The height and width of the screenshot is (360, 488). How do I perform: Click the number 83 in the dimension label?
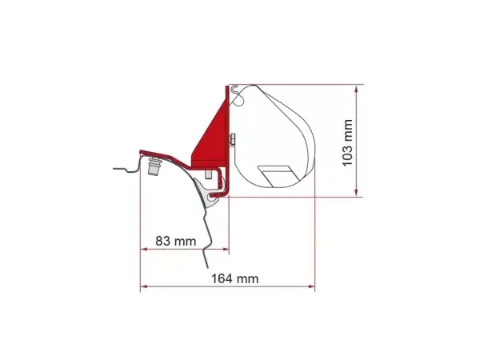tap(162, 241)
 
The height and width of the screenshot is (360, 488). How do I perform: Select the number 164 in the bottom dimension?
tap(222, 278)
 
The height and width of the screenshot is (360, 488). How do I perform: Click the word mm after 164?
tap(247, 278)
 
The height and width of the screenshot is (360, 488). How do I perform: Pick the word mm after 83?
tap(185, 242)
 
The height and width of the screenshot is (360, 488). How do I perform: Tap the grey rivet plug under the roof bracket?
tap(154, 166)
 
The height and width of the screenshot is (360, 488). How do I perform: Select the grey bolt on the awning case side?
tap(232, 140)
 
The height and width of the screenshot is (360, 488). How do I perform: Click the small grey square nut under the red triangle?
tap(208, 174)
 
